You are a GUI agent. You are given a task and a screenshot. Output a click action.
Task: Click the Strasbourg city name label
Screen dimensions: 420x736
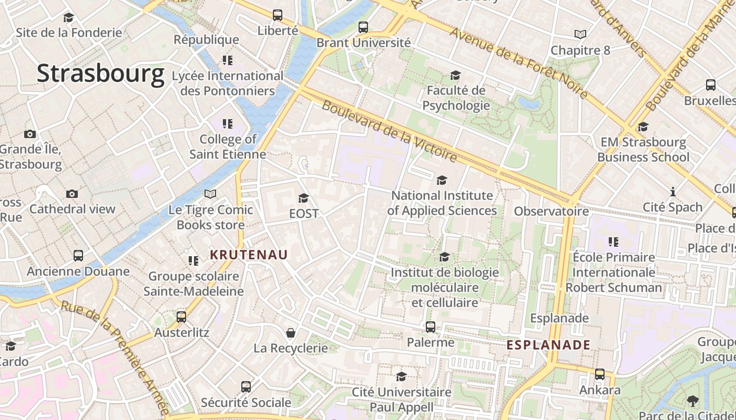click(x=100, y=73)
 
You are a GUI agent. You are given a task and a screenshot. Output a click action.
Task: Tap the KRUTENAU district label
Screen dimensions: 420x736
click(x=249, y=255)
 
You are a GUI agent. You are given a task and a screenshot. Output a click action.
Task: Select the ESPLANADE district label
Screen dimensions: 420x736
click(x=548, y=345)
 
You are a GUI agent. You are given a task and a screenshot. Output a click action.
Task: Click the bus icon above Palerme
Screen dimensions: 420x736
click(x=431, y=327)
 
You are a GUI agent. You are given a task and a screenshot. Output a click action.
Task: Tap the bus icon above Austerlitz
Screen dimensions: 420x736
click(x=181, y=317)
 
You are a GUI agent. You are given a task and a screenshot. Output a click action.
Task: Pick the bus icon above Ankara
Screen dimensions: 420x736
click(x=600, y=374)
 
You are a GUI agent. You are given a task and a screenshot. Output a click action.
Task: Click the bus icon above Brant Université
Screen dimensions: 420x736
click(x=363, y=27)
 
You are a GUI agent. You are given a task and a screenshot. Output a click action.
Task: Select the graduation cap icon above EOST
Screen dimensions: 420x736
click(x=303, y=198)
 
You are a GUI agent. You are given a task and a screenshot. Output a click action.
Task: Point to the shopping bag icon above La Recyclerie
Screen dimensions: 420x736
click(x=290, y=333)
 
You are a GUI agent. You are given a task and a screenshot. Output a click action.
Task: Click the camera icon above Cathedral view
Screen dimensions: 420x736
click(x=72, y=194)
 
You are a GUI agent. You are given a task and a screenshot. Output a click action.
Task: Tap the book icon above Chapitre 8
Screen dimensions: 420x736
click(x=580, y=35)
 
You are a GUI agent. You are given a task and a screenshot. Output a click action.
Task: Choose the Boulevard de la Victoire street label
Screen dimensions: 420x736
click(x=389, y=131)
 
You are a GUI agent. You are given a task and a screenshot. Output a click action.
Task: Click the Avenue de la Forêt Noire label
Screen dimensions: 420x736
click(x=518, y=62)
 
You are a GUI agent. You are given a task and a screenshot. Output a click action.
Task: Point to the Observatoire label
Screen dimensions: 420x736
click(x=551, y=211)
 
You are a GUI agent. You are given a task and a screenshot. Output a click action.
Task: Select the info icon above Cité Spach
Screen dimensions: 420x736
click(x=672, y=192)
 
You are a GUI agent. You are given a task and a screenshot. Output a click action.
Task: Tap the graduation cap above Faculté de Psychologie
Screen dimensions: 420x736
click(x=455, y=76)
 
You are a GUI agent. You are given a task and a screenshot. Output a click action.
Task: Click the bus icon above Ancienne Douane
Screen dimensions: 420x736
click(x=78, y=256)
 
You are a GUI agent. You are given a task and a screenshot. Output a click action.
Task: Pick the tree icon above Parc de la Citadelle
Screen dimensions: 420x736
click(x=693, y=401)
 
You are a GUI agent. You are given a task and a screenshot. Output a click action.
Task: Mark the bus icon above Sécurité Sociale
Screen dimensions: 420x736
click(x=246, y=387)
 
